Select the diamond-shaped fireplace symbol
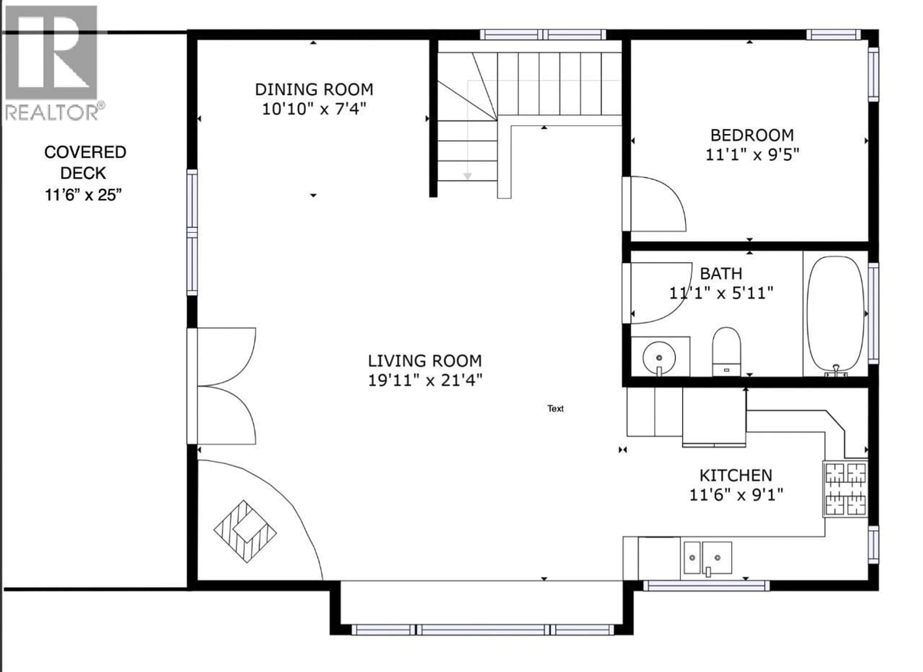click(x=245, y=531)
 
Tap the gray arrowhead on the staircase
click(x=468, y=176)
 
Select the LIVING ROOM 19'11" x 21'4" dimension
click(x=425, y=381)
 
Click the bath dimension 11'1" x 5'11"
click(x=721, y=293)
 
